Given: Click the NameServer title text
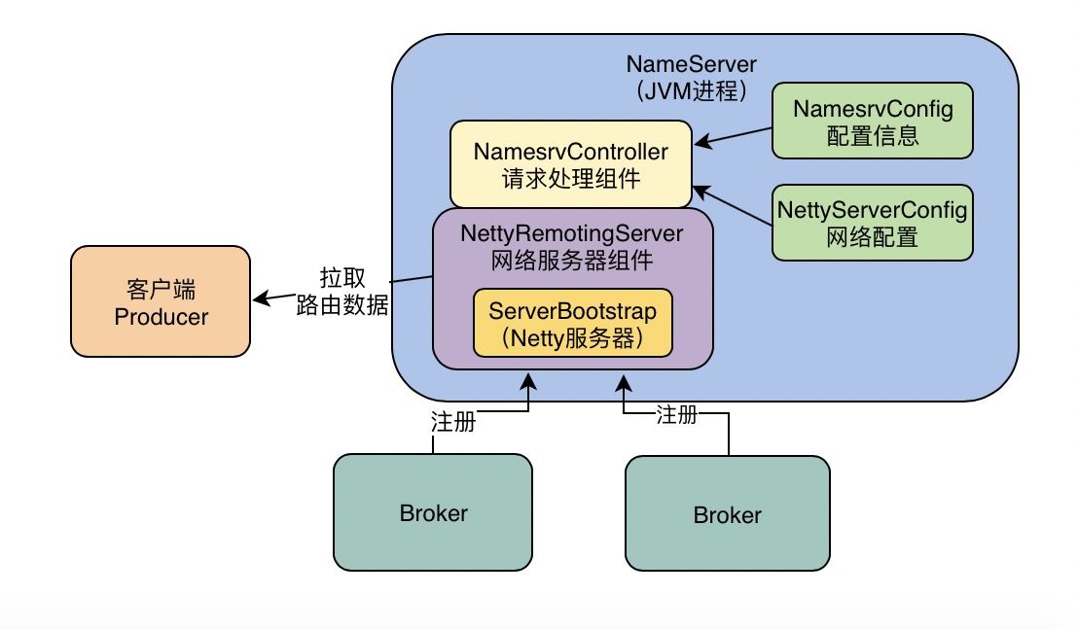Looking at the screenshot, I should point(691,65).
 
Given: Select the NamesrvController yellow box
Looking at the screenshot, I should point(571,164).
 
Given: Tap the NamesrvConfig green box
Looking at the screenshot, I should point(873,121).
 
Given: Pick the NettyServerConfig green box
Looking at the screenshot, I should point(873,222).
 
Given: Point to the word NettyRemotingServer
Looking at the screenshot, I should point(573,234).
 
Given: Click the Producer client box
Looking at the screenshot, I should point(161,301).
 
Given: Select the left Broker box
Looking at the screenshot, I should point(433,511).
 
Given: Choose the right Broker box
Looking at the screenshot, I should point(727,514).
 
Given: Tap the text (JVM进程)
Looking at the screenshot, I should point(691,90).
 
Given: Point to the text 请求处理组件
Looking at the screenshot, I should point(571,178).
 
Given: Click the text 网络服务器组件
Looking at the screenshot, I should point(573,259).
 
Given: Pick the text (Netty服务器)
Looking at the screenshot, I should point(573,338).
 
